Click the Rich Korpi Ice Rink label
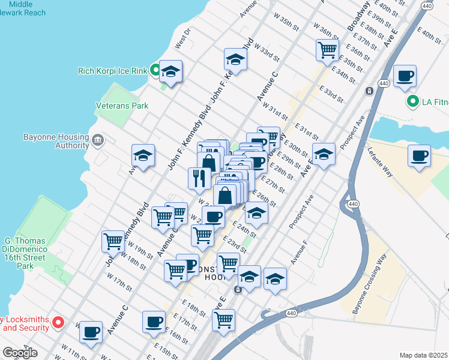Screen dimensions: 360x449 [x=112, y=71]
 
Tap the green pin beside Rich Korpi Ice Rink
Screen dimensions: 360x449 [x=155, y=71]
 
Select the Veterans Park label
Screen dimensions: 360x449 [x=122, y=106]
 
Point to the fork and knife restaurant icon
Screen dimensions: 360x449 [x=199, y=178]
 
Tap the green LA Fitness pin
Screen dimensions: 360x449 [x=412, y=101]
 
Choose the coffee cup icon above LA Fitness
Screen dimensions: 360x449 [x=405, y=76]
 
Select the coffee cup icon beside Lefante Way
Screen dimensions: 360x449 [x=419, y=155]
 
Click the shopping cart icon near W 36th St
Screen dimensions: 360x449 [x=327, y=50]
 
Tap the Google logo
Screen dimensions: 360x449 [x=20, y=353]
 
